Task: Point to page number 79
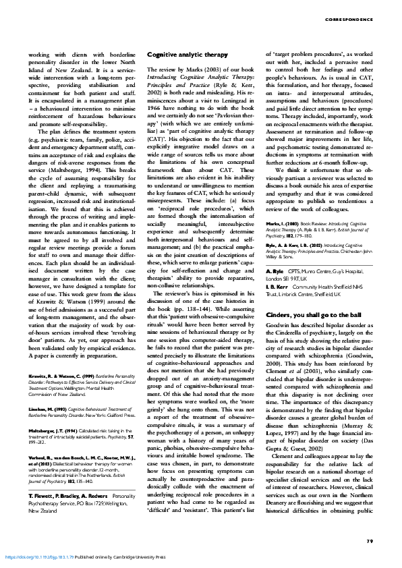(x=370, y=540)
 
